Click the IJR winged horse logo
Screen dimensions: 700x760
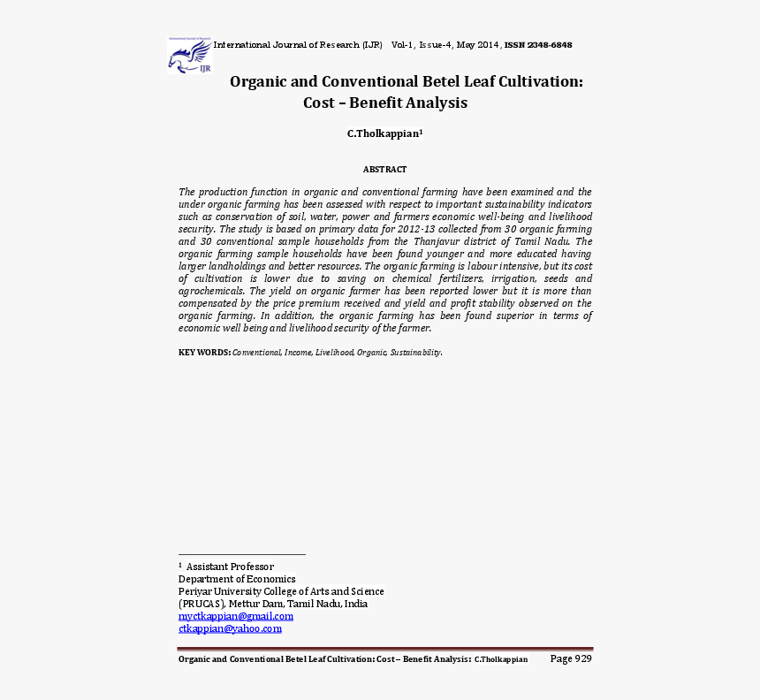point(189,56)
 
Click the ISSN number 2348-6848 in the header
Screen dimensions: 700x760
point(550,45)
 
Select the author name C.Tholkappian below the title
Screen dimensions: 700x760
point(384,133)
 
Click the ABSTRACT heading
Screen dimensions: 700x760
point(384,169)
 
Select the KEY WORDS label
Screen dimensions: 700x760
point(204,353)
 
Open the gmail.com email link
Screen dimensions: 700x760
point(235,616)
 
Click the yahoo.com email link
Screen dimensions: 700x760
point(230,628)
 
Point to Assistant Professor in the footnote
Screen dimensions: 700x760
point(230,567)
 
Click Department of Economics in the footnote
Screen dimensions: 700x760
point(237,579)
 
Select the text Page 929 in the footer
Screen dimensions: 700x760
point(571,658)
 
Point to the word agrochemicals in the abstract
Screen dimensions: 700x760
point(211,291)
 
